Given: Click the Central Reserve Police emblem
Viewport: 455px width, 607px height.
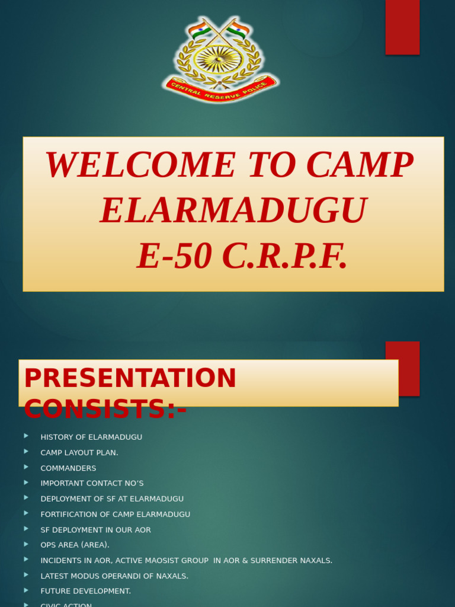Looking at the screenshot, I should tap(220, 60).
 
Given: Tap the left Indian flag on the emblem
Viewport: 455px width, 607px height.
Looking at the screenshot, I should tap(199, 30).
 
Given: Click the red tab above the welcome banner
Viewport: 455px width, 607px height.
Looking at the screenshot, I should tap(402, 27).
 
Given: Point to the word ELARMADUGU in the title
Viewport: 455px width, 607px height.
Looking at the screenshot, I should tap(233, 211).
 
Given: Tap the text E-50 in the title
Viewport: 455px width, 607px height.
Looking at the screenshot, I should tap(174, 257).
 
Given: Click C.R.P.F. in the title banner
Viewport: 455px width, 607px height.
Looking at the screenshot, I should tap(284, 257).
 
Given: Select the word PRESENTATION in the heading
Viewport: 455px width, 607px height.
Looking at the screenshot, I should tap(130, 379).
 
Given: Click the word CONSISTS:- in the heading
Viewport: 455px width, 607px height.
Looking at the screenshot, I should tap(105, 410).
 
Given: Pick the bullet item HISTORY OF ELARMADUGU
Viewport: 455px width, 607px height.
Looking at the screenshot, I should tap(91, 437).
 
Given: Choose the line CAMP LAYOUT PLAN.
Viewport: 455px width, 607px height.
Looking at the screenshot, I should tap(79, 453).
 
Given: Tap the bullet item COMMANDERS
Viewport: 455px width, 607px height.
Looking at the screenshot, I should tap(68, 468).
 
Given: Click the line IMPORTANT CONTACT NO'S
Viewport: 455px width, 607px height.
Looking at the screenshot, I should tap(92, 484).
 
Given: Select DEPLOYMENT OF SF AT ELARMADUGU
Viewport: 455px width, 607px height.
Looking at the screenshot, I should tap(112, 499).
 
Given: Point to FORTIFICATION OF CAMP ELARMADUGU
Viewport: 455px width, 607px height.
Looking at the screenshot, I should tap(116, 515).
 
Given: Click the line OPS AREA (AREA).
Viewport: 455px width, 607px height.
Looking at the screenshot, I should tap(75, 545).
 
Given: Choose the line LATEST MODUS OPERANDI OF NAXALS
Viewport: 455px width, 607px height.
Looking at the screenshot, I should tap(114, 576).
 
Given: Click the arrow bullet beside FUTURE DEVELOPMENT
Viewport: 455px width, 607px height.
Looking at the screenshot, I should tap(26, 590).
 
